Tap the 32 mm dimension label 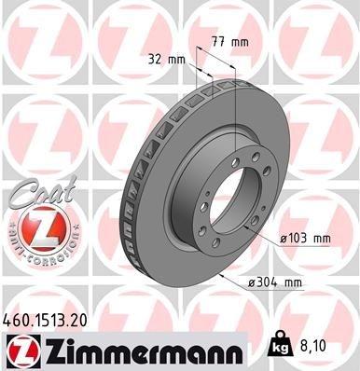click(166, 59)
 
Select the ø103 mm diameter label click(307, 240)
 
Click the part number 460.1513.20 click(49, 319)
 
